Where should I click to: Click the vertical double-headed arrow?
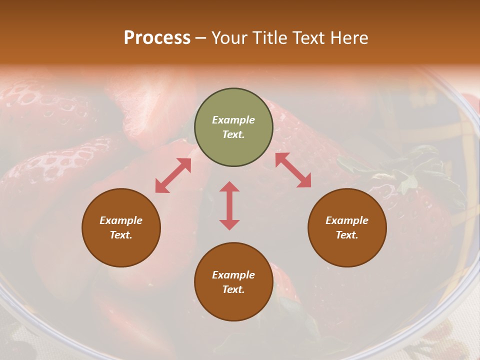pyautogui.click(x=229, y=205)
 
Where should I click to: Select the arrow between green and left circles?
pyautogui.click(x=173, y=175)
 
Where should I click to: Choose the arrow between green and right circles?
pyautogui.click(x=293, y=170)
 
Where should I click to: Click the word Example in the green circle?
pyautogui.click(x=233, y=120)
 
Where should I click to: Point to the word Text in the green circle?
pyautogui.click(x=233, y=134)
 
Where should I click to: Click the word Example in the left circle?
pyautogui.click(x=121, y=220)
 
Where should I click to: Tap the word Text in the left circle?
pyautogui.click(x=121, y=235)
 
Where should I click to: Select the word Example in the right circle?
pyautogui.click(x=347, y=220)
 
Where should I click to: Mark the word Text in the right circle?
pyautogui.click(x=346, y=235)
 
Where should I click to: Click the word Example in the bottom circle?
pyautogui.click(x=233, y=275)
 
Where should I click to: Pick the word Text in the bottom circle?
pyautogui.click(x=233, y=289)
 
